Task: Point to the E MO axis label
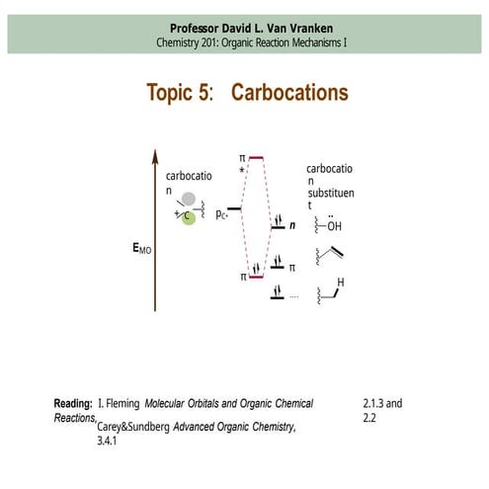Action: point(141,250)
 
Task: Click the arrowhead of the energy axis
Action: point(154,155)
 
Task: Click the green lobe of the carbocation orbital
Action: point(188,216)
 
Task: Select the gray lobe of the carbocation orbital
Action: point(188,200)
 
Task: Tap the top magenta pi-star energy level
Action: point(256,157)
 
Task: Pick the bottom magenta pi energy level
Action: point(256,278)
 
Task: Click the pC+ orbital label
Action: point(223,212)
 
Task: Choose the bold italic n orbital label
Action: point(292,226)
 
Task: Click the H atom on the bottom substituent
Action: point(341,282)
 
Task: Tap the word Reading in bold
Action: point(74,404)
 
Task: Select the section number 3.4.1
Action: point(108,442)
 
